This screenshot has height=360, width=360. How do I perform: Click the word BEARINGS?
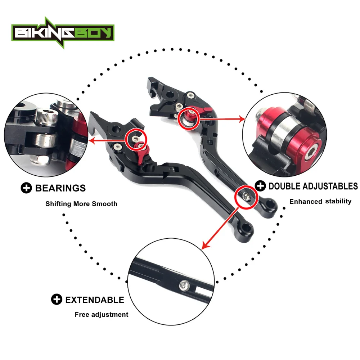(x=60, y=188)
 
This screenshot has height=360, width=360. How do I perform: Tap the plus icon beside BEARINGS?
(x=26, y=188)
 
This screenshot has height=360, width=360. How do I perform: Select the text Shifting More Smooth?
(x=81, y=204)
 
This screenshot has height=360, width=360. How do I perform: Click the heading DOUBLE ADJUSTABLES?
(x=313, y=186)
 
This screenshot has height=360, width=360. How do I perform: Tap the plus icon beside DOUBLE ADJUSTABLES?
(x=260, y=186)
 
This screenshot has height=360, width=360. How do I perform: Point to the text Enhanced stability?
(x=320, y=201)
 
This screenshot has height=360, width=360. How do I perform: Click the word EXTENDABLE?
(x=94, y=300)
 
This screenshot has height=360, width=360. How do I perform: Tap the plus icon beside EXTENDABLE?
(x=57, y=300)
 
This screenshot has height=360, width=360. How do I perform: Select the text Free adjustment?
(x=102, y=314)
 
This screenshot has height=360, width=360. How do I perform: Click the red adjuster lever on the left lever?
(x=143, y=153)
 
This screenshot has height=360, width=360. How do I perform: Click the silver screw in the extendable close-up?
(x=184, y=286)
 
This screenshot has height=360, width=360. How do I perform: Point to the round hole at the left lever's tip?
(x=246, y=228)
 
